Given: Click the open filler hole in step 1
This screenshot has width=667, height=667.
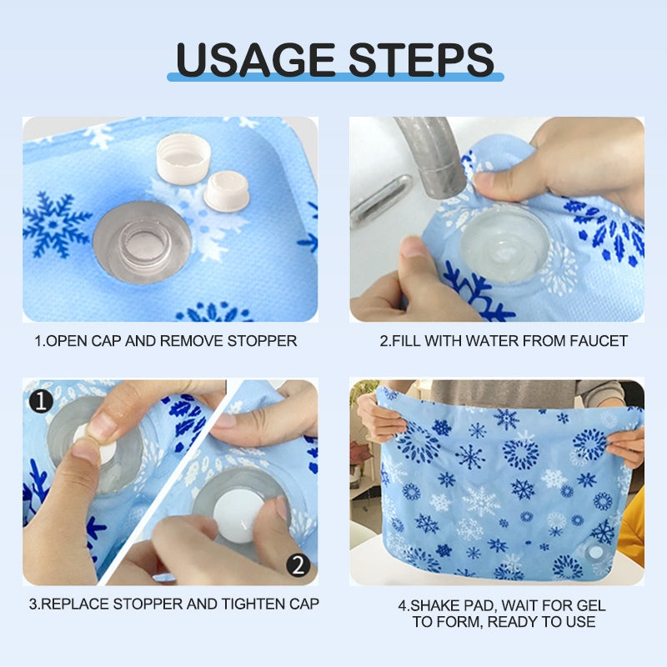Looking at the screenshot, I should (142, 242).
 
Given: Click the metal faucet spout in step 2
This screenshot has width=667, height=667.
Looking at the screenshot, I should (429, 154).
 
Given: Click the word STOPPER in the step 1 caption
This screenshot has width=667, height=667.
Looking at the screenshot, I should (264, 341).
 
